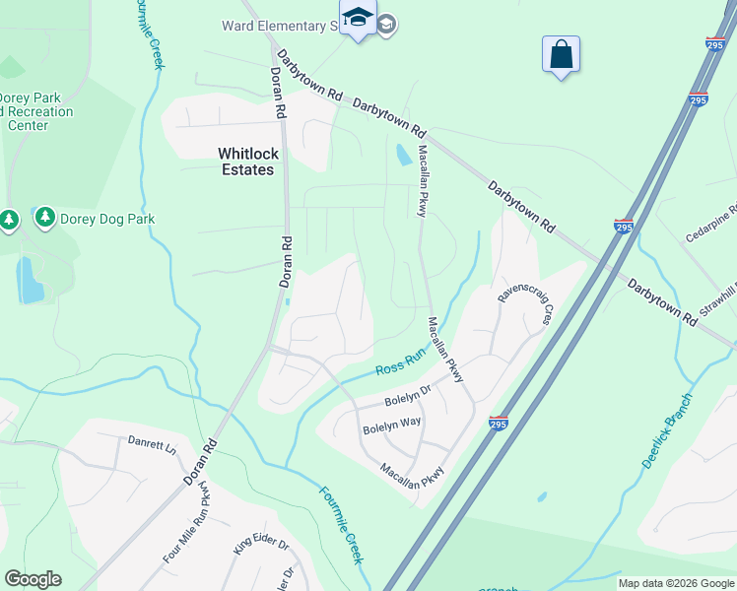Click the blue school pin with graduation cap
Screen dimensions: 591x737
pos(358,19)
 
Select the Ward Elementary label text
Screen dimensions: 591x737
pos(287,26)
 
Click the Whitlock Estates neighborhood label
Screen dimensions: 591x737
pos(247,162)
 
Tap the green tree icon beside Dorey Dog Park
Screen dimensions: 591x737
pos(44,218)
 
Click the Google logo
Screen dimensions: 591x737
pos(33,579)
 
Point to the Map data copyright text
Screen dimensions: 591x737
pos(676,583)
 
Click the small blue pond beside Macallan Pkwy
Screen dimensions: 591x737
pos(403,155)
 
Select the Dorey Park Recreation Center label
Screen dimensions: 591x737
pos(36,111)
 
